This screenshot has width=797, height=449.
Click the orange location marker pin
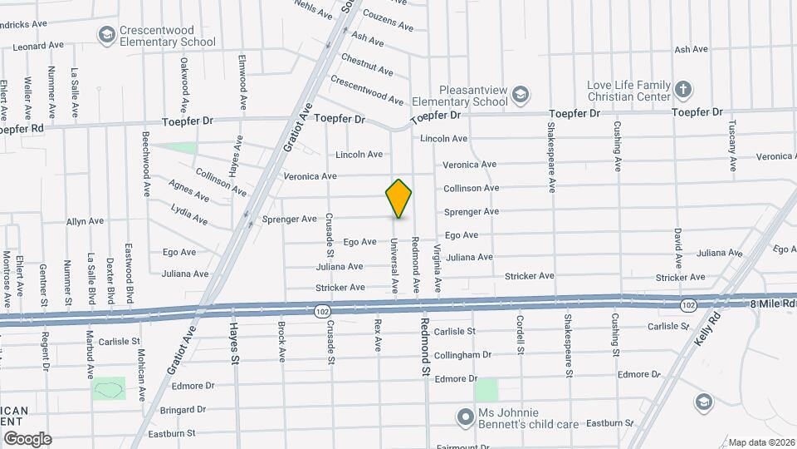click(x=398, y=198)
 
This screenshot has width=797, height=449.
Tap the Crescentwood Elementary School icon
click(x=105, y=34)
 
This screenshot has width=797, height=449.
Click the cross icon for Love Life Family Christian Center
click(x=683, y=88)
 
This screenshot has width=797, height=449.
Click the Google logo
click(x=27, y=438)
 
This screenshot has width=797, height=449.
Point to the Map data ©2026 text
click(x=760, y=442)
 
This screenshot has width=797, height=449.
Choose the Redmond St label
click(x=424, y=344)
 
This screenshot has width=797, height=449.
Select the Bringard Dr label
click(x=183, y=409)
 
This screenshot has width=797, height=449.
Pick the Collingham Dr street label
click(x=468, y=355)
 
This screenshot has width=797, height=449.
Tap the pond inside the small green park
click(x=108, y=388)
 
